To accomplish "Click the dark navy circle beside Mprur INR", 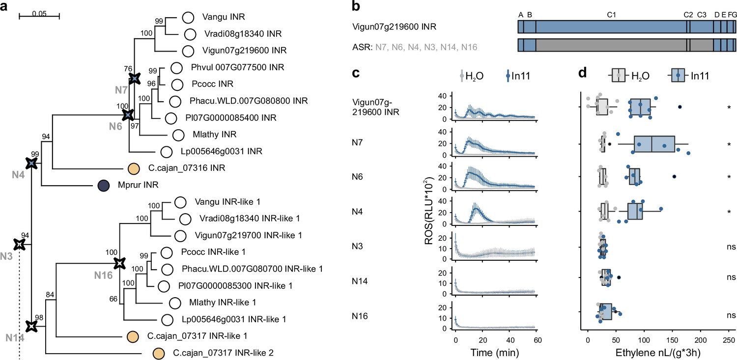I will point(103,186).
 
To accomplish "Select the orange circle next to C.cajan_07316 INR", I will point(133,168).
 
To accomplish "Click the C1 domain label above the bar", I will point(612,15).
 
